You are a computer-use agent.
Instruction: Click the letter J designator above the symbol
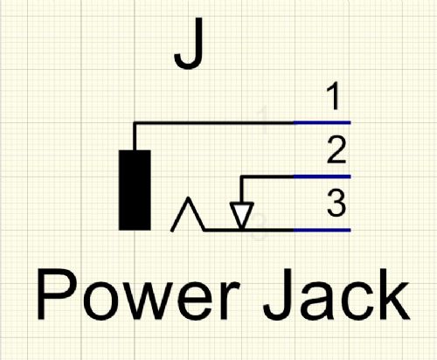coord(189,43)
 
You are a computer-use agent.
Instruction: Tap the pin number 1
coord(334,96)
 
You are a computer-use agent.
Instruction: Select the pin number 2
coord(336,150)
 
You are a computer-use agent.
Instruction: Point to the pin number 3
coord(336,203)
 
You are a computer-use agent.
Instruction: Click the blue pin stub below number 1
coord(322,122)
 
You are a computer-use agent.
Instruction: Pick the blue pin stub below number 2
coord(322,177)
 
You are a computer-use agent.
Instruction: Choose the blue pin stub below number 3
coord(322,230)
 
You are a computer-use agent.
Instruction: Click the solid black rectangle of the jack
coord(135,190)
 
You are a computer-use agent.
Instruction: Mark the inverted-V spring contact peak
coord(189,198)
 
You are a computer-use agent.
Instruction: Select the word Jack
coord(336,294)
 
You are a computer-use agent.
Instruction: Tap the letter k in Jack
coord(392,294)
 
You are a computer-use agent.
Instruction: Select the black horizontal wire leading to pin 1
coord(214,122)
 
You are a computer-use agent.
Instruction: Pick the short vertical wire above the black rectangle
coord(135,137)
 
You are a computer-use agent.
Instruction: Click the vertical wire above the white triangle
coord(241,190)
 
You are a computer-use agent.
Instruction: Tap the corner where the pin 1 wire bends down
coord(135,122)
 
